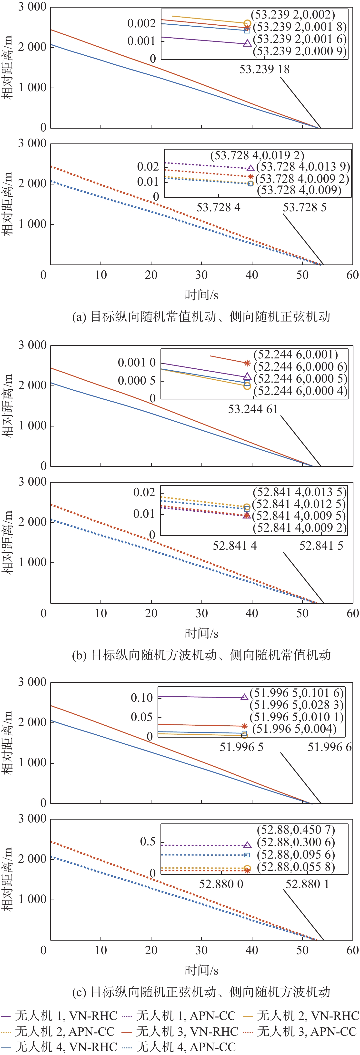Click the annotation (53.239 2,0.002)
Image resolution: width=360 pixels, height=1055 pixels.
[293, 15]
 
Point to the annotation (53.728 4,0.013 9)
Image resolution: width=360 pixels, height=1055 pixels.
[303, 167]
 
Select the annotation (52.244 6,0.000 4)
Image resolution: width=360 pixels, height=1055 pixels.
[300, 391]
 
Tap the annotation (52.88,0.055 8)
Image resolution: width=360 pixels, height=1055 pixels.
[296, 867]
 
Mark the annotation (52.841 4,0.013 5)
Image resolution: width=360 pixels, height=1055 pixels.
[299, 492]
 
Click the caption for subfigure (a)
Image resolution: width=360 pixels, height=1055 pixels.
[201, 317]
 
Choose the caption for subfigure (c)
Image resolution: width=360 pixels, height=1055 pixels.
[201, 992]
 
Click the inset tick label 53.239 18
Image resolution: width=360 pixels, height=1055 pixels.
[264, 69]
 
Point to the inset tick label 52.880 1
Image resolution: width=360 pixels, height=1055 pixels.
[307, 884]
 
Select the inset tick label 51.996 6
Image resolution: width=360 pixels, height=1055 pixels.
[329, 747]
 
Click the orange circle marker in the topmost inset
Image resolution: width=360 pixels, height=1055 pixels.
[247, 24]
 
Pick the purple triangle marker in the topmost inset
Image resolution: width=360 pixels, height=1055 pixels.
[247, 43]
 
